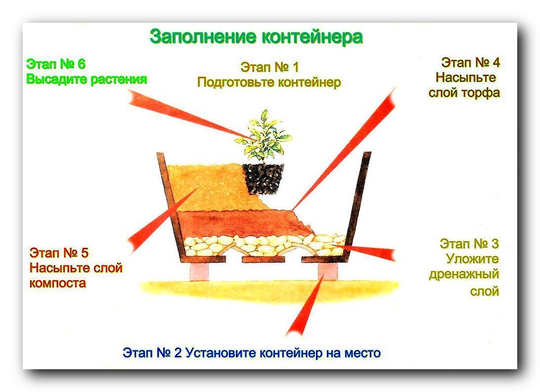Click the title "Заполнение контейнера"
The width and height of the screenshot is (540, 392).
pos(256,37)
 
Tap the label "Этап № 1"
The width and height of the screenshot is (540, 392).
pos(270,67)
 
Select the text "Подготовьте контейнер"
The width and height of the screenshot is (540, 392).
pos(269,82)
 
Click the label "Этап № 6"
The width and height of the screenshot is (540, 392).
pos(56,64)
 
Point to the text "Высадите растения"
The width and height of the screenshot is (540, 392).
pos(87,79)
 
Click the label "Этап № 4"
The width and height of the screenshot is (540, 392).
pos(470,62)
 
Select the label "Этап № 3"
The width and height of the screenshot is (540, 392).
pos(469,244)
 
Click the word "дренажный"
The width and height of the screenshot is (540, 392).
pos(464,274)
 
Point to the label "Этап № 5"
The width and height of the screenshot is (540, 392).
pos(59,253)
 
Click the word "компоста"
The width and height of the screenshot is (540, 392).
pos(57,283)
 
